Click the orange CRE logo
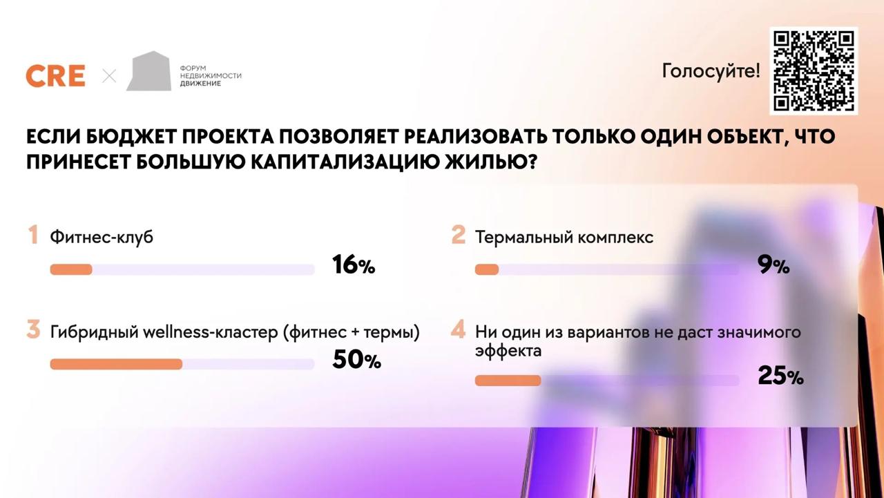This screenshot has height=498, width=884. click(56, 76)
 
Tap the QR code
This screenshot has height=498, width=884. click(814, 71)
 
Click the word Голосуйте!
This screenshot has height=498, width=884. click(711, 71)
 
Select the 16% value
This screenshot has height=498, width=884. click(354, 265)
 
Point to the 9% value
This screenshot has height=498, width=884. click(773, 265)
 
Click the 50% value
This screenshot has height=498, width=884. click(357, 359)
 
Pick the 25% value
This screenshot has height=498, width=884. click(780, 376)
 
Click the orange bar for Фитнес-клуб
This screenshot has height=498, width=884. click(71, 269)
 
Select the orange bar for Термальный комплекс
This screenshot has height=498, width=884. click(487, 269)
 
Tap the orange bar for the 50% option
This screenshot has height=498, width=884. click(117, 364)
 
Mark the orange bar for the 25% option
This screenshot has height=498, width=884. click(508, 381)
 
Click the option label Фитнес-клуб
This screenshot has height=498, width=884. click(102, 237)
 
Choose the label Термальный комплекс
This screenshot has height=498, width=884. click(564, 237)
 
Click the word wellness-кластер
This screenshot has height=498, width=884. click(211, 332)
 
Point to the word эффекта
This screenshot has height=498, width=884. click(508, 351)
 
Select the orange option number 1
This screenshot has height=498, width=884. click(33, 235)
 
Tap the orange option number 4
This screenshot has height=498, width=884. click(458, 329)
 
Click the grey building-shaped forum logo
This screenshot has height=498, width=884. click(148, 71)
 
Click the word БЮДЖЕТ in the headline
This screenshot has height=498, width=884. click(131, 137)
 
